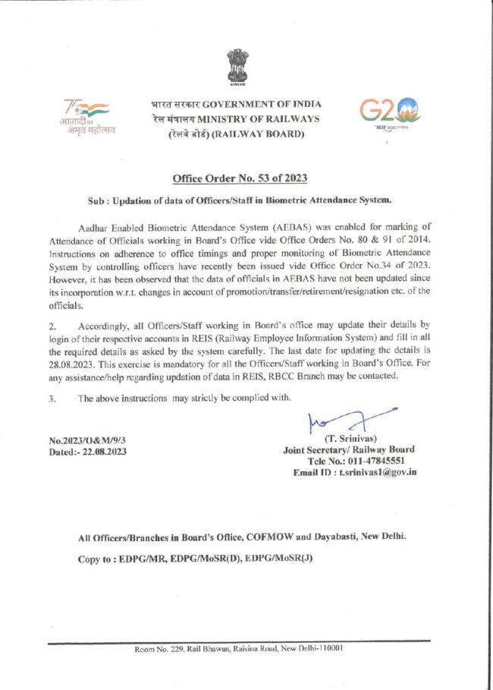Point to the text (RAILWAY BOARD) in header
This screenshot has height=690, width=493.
pos(258,134)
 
